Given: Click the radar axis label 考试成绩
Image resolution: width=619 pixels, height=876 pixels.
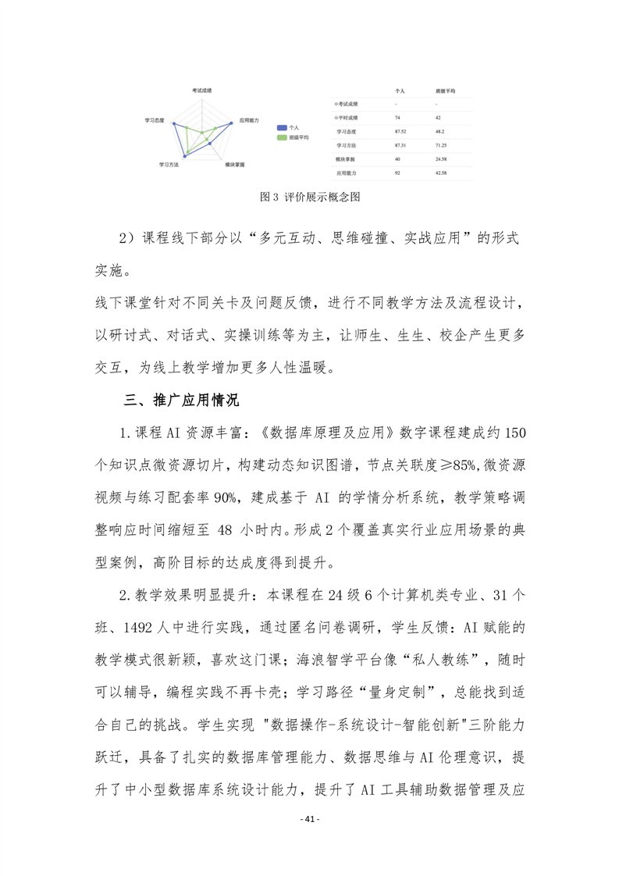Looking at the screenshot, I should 203,91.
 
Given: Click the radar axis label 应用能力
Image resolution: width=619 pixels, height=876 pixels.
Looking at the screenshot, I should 249,121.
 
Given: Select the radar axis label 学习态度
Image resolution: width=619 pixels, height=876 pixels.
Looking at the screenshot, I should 155,121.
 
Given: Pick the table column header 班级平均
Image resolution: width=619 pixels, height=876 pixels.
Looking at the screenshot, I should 446,91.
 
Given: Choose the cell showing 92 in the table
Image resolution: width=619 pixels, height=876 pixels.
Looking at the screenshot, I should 398,172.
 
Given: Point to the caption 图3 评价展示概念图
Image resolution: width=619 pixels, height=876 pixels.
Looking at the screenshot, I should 309,198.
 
